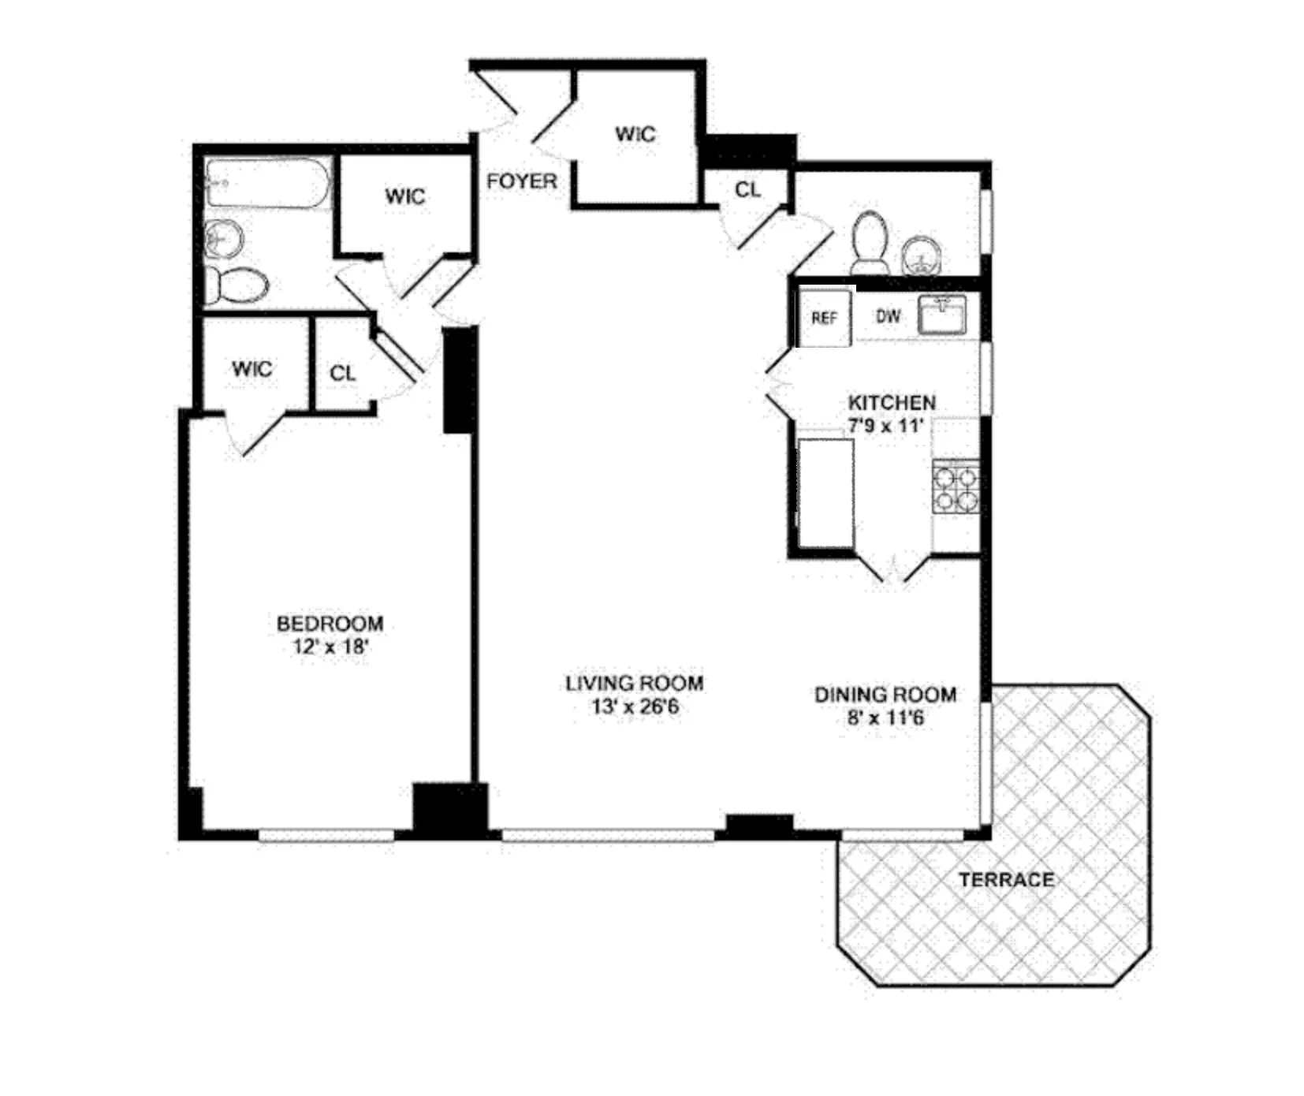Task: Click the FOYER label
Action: click(521, 181)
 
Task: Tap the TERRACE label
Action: click(1006, 879)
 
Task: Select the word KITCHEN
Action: click(892, 402)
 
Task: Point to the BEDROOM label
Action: click(330, 624)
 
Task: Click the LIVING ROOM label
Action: click(634, 684)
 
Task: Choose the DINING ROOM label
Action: click(885, 695)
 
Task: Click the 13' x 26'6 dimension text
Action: click(635, 706)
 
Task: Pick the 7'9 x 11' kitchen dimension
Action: click(885, 426)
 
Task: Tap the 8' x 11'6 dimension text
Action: click(885, 718)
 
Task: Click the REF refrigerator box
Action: click(825, 318)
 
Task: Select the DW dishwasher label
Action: click(888, 316)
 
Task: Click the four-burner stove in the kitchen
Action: click(956, 487)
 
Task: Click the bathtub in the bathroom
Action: click(267, 184)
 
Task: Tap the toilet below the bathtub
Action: click(237, 285)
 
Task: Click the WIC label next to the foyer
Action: click(635, 134)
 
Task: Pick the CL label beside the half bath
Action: click(747, 190)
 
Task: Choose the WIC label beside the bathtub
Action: click(404, 196)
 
